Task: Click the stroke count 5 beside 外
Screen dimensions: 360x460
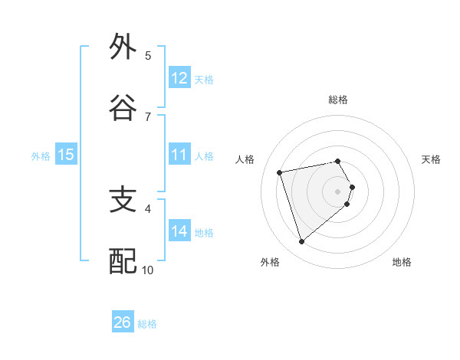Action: (x=148, y=55)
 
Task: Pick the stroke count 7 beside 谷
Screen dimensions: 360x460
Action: (x=148, y=116)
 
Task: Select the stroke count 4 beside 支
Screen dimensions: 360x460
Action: (x=148, y=208)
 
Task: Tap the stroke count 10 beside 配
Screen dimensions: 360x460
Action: (x=148, y=270)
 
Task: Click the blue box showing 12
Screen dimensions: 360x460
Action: (x=179, y=78)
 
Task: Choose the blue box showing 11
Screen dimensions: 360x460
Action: (x=179, y=155)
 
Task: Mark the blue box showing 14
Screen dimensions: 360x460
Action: (x=179, y=231)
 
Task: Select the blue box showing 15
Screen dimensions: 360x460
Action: (x=66, y=155)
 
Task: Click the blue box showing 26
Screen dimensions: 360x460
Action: (x=123, y=322)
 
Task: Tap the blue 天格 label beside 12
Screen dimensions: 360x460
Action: (x=204, y=80)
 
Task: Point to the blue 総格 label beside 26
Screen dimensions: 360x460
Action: (x=147, y=324)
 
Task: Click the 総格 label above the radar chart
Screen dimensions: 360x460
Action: (x=338, y=100)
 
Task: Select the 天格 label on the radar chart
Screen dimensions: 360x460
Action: (x=432, y=159)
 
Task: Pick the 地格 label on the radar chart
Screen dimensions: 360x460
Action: (x=402, y=262)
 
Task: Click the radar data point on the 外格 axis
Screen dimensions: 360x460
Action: (x=301, y=242)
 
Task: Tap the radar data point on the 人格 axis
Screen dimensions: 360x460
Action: (x=280, y=172)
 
